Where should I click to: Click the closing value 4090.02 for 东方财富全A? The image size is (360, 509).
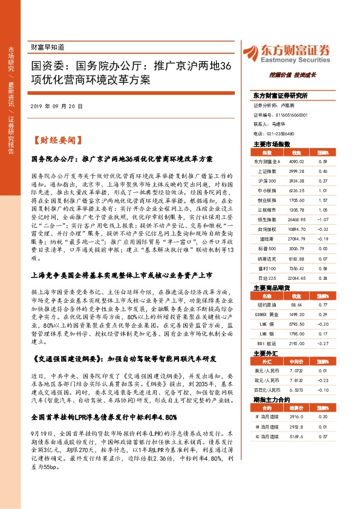[295, 162]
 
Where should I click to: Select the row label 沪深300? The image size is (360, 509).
[267, 180]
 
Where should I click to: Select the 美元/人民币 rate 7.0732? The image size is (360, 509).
[295, 370]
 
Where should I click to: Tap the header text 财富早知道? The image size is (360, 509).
[47, 47]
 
